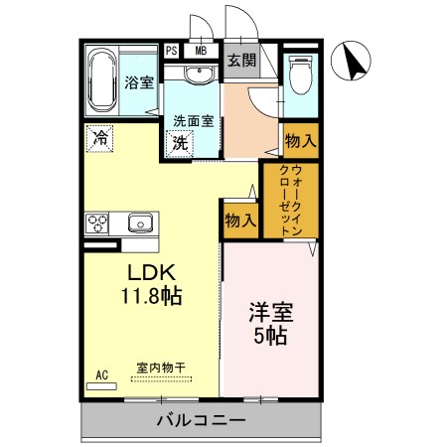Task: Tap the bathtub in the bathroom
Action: (x=102, y=81)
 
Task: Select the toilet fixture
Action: (x=300, y=75)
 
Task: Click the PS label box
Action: (x=172, y=51)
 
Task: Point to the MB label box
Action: (x=201, y=51)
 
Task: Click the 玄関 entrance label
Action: (x=241, y=61)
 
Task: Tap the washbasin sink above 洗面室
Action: (x=193, y=74)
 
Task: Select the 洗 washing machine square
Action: (x=181, y=142)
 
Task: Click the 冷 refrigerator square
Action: (x=99, y=138)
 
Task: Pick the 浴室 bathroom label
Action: (x=139, y=82)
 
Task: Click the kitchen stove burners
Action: (x=97, y=223)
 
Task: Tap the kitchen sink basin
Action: (x=137, y=223)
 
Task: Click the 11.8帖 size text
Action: (x=151, y=295)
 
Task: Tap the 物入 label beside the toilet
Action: (x=299, y=140)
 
